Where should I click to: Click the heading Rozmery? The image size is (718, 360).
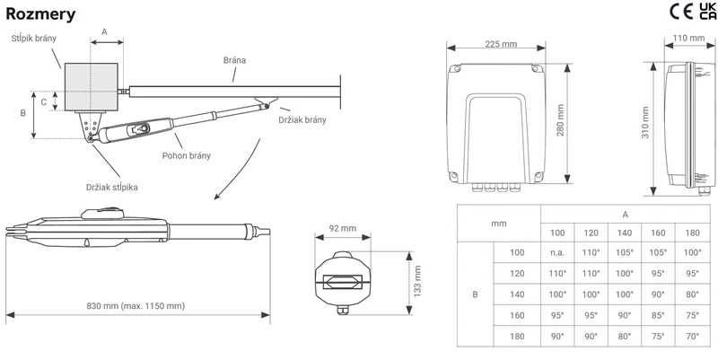point(39,13)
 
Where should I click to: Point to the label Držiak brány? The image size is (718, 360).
point(303,119)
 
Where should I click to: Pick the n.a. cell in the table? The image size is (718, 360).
point(556,252)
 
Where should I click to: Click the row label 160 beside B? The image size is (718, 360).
point(516,314)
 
